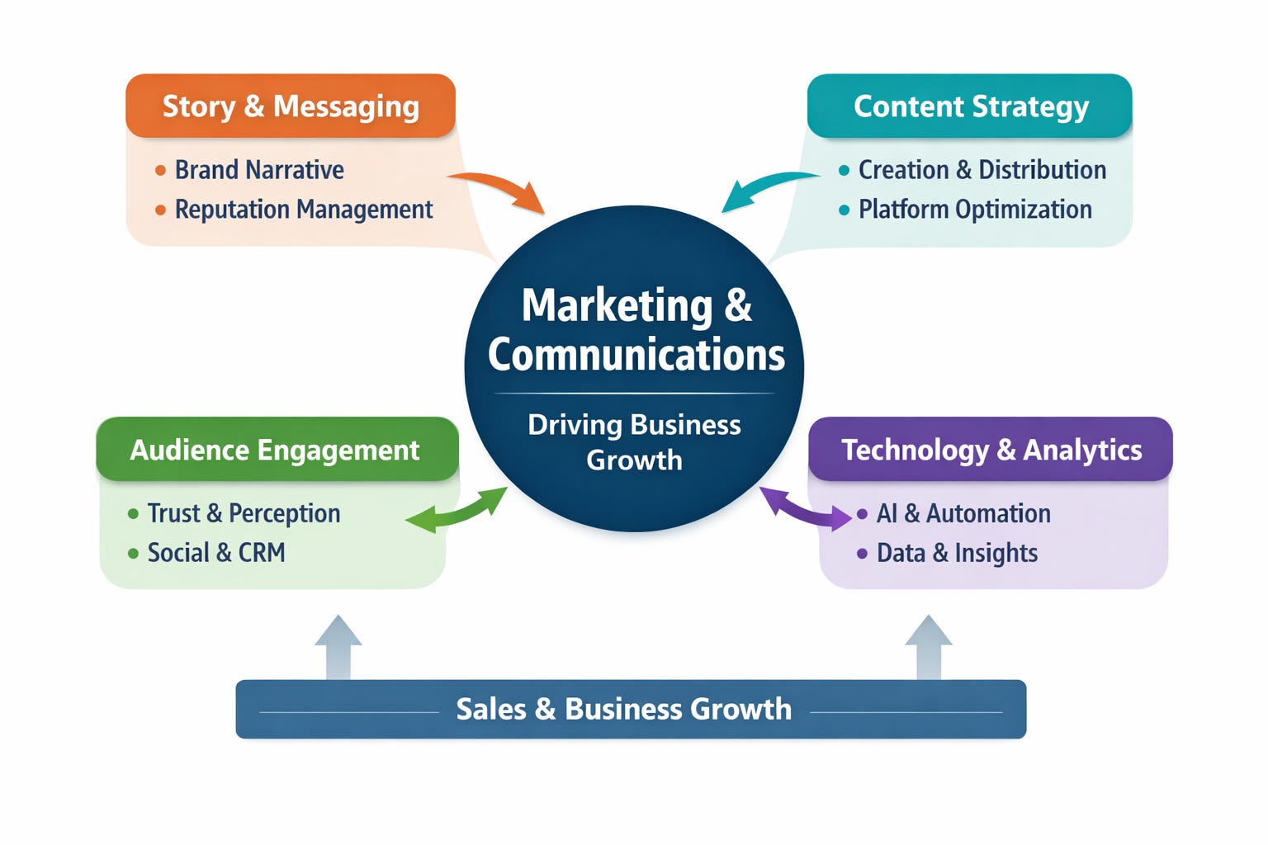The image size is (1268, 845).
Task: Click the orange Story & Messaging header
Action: click(x=291, y=106)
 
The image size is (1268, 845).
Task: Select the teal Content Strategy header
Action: click(x=970, y=106)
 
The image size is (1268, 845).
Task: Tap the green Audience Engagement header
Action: click(x=276, y=450)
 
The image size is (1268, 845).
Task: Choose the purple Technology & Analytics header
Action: click(x=991, y=450)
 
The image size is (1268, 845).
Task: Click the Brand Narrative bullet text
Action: click(x=259, y=170)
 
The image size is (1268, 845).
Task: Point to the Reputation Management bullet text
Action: click(x=304, y=210)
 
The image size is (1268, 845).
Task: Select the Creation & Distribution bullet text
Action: click(x=982, y=170)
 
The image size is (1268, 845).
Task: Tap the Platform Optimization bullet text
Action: click(x=975, y=210)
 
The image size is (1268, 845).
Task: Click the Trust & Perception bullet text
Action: click(x=244, y=513)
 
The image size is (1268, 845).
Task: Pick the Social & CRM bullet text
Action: click(x=216, y=553)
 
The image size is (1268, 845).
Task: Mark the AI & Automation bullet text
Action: click(x=963, y=513)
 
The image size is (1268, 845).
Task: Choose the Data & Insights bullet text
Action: click(x=957, y=553)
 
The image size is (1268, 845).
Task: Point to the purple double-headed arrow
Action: click(x=804, y=506)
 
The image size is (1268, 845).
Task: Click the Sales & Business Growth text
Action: click(x=623, y=709)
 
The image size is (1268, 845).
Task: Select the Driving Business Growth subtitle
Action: click(x=634, y=441)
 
